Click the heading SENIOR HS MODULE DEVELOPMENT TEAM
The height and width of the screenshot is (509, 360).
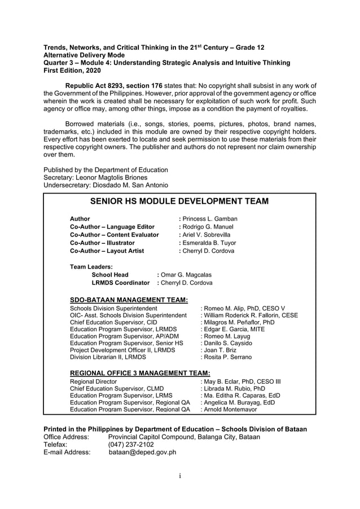click(179, 201)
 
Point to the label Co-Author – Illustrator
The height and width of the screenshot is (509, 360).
click(102, 243)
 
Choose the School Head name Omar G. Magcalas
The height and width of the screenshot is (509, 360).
click(184, 275)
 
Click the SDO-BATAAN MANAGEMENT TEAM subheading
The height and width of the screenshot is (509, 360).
click(129, 300)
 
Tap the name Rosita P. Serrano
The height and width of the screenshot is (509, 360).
click(226, 357)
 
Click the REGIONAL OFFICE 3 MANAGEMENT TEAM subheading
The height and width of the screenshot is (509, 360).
click(139, 373)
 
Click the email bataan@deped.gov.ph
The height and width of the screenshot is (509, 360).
click(142, 452)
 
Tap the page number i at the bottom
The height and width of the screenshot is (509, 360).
click(179, 476)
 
